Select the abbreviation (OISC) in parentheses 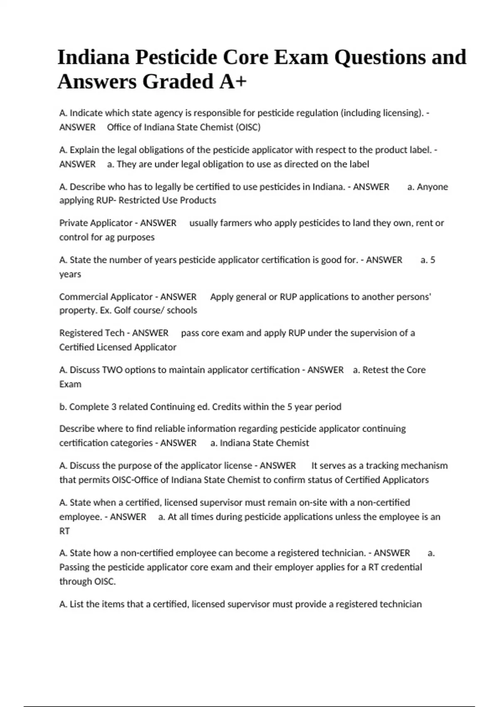coord(248,127)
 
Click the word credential coord(401,567)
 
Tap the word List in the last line coord(77,604)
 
